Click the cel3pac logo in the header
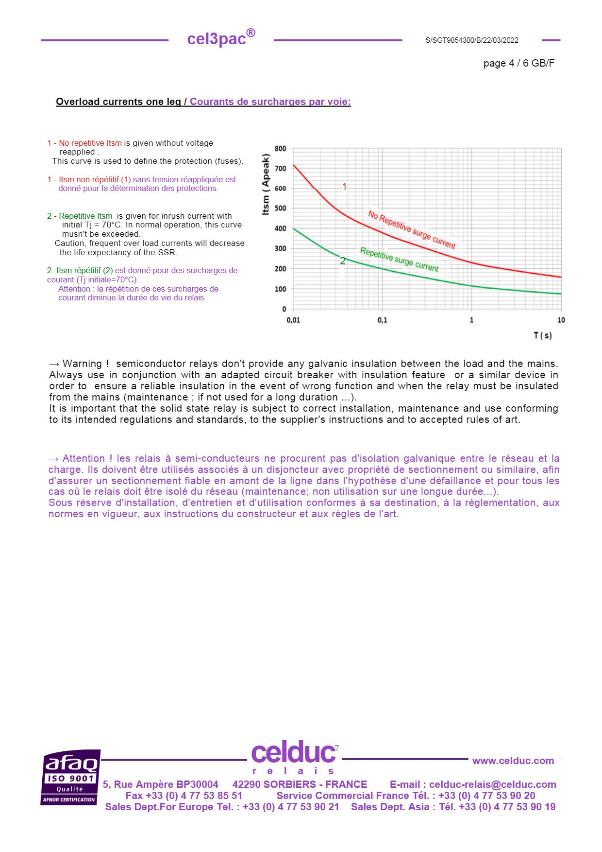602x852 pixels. click(x=221, y=38)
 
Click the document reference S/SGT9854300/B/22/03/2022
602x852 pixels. click(x=471, y=40)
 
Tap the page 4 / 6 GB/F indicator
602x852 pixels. click(x=518, y=63)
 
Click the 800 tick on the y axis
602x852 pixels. click(x=281, y=149)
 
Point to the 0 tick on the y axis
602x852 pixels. click(x=284, y=309)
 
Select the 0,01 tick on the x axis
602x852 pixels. click(x=293, y=320)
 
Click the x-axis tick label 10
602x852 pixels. click(x=561, y=320)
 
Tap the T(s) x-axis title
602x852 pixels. click(x=542, y=335)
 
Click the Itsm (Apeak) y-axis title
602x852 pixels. click(x=266, y=184)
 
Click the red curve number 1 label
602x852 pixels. click(x=345, y=187)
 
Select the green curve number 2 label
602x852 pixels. click(x=342, y=261)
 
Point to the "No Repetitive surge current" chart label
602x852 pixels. click(x=411, y=230)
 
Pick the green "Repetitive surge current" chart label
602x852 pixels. click(x=399, y=260)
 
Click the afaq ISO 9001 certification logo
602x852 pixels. click(x=70, y=777)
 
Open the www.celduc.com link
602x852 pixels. click(x=513, y=761)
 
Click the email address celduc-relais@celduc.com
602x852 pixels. click(x=492, y=784)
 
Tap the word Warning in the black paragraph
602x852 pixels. click(x=82, y=364)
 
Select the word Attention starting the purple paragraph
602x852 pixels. click(x=84, y=458)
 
